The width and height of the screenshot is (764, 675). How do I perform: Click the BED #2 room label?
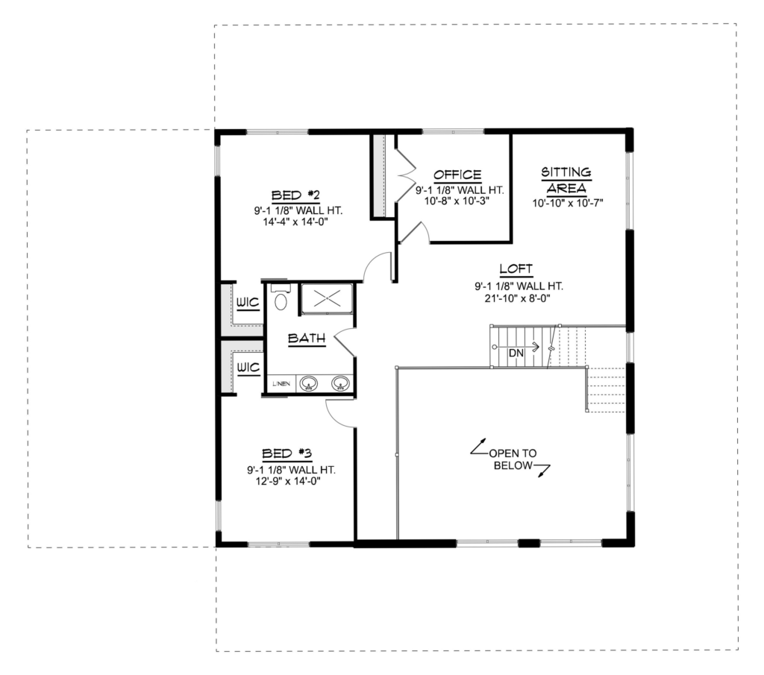tap(295, 195)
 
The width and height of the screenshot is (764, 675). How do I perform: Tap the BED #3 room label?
tap(287, 454)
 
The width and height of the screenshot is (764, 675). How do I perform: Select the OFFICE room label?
tap(457, 175)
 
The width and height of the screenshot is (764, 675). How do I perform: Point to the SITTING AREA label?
tap(566, 180)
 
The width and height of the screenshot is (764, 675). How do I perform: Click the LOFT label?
tap(516, 269)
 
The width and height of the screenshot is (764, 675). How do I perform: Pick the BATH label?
tap(307, 338)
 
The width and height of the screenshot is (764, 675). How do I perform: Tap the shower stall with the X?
tap(327, 298)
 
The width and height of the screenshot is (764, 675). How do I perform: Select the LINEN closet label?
tap(281, 384)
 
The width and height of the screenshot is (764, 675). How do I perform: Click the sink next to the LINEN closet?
tap(308, 384)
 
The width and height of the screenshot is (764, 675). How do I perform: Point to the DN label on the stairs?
tap(516, 353)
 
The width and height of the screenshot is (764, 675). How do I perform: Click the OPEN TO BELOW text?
tap(513, 459)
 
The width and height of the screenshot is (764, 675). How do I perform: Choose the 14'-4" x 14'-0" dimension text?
tap(295, 222)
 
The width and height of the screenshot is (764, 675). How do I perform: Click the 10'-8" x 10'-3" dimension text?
tap(457, 201)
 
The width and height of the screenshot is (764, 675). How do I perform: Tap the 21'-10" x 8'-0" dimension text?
tap(518, 298)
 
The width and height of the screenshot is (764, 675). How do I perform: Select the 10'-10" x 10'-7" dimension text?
tap(568, 203)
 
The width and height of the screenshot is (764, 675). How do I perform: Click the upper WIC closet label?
tap(248, 303)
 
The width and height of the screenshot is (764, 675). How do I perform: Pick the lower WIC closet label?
tap(248, 367)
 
